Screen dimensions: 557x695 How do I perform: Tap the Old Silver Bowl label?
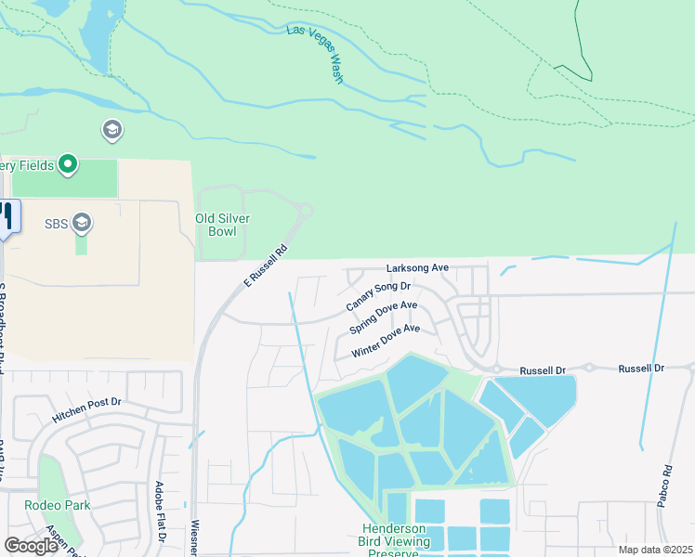pos(223,226)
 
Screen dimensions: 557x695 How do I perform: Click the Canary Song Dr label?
pos(378,298)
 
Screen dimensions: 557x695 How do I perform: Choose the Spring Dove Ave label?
pos(383,317)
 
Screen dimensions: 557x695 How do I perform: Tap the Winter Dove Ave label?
pos(386,341)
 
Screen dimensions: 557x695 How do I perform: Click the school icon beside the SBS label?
pos(82,223)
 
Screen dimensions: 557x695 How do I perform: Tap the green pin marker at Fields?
pos(67,165)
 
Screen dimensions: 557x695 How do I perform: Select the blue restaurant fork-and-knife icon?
pos(7,216)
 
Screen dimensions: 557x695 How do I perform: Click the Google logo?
pos(31,546)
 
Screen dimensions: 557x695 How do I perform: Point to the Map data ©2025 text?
pos(655,550)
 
